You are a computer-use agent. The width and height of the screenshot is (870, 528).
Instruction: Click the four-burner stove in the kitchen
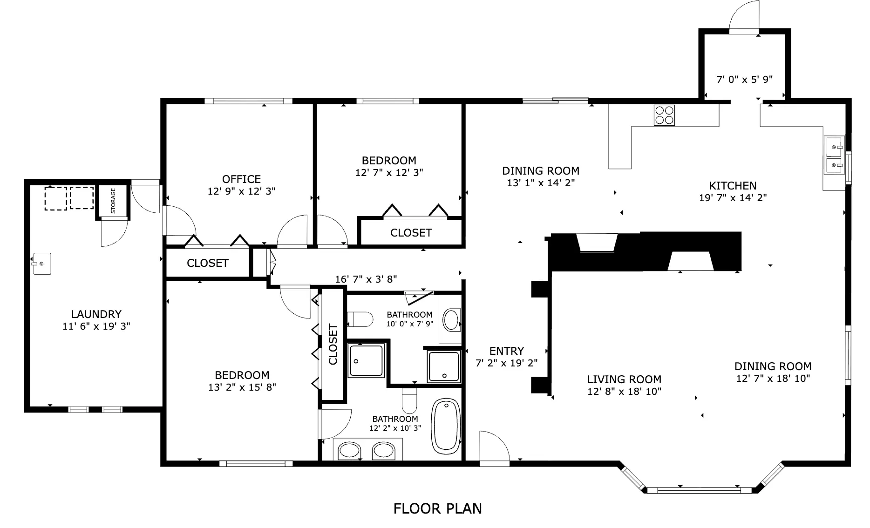click(665, 115)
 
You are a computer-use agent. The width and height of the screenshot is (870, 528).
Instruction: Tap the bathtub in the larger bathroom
click(446, 426)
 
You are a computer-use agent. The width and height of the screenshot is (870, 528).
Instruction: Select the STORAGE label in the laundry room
click(113, 201)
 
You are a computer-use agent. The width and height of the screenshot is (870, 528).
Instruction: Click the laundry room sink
click(41, 264)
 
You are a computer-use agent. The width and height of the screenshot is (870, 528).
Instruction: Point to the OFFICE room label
click(241, 179)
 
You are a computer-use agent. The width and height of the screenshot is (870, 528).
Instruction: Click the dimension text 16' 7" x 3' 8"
click(366, 279)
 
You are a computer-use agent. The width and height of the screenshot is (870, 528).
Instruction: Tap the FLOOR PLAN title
click(437, 508)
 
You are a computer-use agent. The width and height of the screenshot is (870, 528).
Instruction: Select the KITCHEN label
click(733, 186)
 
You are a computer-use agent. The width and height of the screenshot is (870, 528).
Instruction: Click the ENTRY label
click(507, 351)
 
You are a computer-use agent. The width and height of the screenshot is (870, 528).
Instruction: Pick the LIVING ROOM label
click(624, 379)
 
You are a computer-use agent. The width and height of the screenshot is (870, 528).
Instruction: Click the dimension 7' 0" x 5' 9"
click(744, 80)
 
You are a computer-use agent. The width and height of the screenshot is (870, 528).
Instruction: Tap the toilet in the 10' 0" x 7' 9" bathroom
click(360, 319)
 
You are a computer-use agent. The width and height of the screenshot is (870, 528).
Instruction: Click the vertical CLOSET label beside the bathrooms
click(333, 345)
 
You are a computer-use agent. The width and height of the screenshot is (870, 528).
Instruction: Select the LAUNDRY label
click(96, 314)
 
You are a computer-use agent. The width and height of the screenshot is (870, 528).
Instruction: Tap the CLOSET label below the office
click(208, 263)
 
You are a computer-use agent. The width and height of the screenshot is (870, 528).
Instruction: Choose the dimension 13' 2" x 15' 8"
click(242, 387)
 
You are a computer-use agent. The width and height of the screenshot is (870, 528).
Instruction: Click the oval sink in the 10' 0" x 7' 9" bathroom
click(451, 320)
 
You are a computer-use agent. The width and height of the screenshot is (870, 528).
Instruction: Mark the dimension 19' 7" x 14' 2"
click(733, 197)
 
